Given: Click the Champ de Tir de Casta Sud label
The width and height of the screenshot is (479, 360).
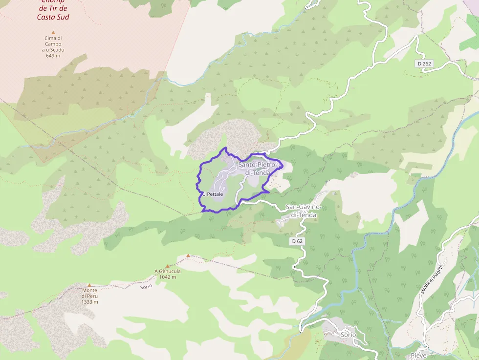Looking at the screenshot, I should pyautogui.click(x=53, y=9).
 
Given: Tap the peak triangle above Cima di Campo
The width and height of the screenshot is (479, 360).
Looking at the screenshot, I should pyautogui.click(x=53, y=33).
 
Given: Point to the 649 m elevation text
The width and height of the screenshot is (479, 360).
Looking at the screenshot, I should pyautogui.click(x=53, y=56).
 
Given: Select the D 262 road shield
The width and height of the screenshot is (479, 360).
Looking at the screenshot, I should pyautogui.click(x=425, y=64).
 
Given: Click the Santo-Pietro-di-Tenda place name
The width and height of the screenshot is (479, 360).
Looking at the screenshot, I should pyautogui.click(x=258, y=169).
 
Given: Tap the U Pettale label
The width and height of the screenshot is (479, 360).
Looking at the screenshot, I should pyautogui.click(x=213, y=194).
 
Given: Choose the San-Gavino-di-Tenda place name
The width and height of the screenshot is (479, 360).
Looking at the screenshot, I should pyautogui.click(x=305, y=211).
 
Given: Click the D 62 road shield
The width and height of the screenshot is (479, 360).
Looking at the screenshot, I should pyautogui.click(x=297, y=241).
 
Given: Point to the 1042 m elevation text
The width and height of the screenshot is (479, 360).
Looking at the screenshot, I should pyautogui.click(x=168, y=277).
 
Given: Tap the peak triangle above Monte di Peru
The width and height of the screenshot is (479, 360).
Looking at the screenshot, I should pyautogui.click(x=89, y=285).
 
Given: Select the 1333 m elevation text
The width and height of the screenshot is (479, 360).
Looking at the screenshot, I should pyautogui.click(x=90, y=302).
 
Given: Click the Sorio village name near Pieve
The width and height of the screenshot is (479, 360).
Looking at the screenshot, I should pyautogui.click(x=348, y=335).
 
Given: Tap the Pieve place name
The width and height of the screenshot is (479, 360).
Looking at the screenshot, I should pyautogui.click(x=418, y=355).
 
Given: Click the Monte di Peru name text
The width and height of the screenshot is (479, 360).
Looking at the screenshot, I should pyautogui.click(x=90, y=293).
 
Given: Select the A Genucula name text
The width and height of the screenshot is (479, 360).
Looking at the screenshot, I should pyautogui.click(x=168, y=272).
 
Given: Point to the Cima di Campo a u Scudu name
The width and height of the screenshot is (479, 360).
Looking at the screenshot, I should pyautogui.click(x=53, y=44).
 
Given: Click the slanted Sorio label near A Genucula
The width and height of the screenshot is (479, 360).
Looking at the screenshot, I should pyautogui.click(x=146, y=286).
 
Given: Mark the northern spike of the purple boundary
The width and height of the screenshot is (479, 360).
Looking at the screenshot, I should pyautogui.click(x=225, y=148).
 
